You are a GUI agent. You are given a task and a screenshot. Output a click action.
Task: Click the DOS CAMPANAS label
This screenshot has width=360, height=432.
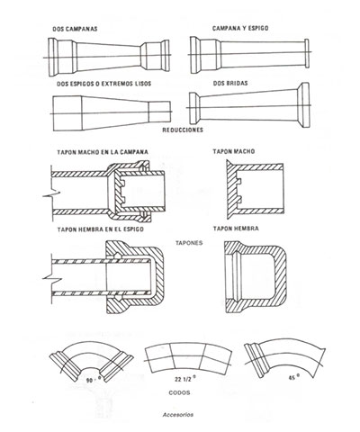[x=75, y=29]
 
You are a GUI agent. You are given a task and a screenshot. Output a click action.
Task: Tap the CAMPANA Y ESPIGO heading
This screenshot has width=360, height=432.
[x=240, y=28]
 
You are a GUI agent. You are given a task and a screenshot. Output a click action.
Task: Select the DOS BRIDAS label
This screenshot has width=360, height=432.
[x=230, y=83]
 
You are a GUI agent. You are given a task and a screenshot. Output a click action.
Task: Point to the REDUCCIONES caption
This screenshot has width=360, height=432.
[x=183, y=130]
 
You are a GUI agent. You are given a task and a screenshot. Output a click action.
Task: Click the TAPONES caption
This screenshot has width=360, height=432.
[x=189, y=243]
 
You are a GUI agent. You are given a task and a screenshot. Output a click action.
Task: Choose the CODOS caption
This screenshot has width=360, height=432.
[x=179, y=392]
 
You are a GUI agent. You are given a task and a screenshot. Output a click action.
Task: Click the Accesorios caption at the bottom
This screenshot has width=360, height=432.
[x=178, y=415]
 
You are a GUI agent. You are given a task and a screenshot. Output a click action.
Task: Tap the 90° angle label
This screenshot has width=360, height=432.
[x=93, y=380]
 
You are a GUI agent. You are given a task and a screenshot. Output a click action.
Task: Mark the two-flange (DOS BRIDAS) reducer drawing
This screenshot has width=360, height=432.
[x=248, y=105]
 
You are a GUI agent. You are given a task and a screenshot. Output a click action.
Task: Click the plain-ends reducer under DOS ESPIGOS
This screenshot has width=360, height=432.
[x=112, y=113]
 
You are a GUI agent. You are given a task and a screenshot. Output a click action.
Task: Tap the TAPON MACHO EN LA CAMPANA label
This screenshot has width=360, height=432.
[x=103, y=152]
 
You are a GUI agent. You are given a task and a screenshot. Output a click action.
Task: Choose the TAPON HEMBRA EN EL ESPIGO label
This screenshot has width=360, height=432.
[x=101, y=229]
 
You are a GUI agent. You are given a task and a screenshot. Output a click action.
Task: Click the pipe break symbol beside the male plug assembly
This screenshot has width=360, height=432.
[x=51, y=193]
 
